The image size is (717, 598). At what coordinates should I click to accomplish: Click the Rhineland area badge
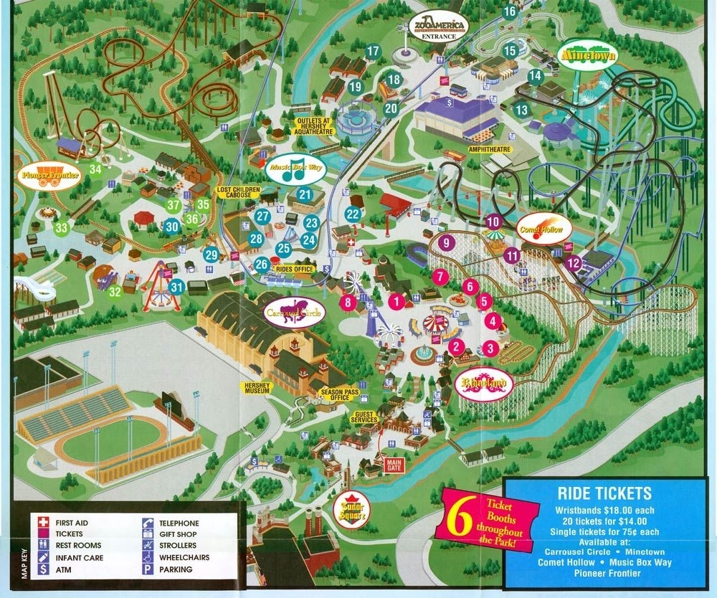tap(484, 382)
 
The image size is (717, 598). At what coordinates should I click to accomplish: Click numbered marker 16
tap(510, 11)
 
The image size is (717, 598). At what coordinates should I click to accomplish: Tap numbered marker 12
tap(572, 263)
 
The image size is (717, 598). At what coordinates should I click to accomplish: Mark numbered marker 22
tap(352, 214)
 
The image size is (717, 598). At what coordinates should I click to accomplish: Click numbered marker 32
tap(115, 292)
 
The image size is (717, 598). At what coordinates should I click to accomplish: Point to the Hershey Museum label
tap(255, 389)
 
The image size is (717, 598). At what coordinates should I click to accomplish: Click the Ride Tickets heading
tap(604, 493)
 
